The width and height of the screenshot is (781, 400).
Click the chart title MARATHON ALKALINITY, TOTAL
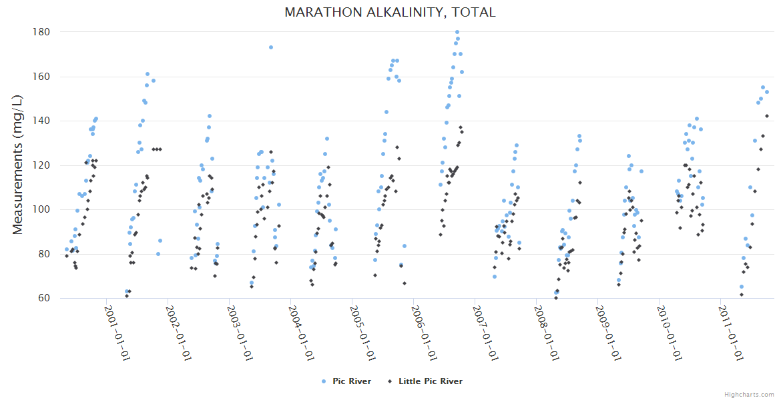pos(390,12)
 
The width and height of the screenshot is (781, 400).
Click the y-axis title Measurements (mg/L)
pos(18,165)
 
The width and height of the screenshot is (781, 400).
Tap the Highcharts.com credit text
pos(749,395)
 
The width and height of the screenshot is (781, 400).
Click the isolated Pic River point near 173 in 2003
pos(271,47)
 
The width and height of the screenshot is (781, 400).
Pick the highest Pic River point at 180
pos(457,32)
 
